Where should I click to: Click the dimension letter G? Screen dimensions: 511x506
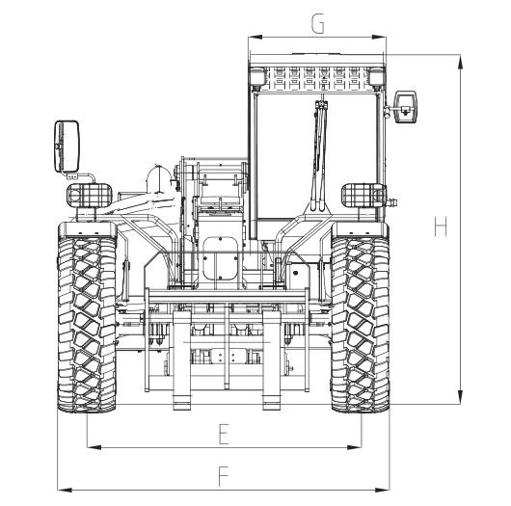click(318, 23)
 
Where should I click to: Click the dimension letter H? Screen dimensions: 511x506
click(441, 226)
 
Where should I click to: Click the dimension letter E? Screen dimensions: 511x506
click(224, 434)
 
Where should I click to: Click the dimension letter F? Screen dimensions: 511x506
click(224, 476)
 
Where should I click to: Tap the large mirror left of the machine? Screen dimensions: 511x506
click(67, 146)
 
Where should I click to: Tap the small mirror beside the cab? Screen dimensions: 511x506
click(406, 107)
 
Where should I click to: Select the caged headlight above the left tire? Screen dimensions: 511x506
click(90, 196)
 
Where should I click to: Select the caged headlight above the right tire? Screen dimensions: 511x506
click(363, 196)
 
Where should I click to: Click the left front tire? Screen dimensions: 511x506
click(87, 324)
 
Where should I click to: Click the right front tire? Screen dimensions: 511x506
click(361, 324)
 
